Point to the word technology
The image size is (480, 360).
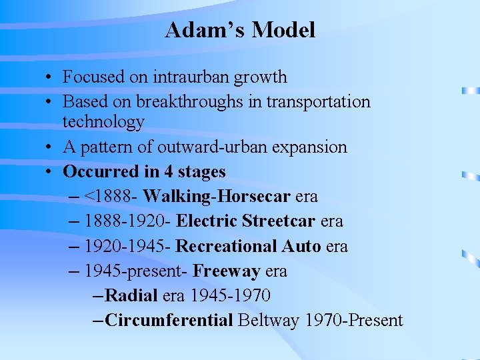click(x=103, y=121)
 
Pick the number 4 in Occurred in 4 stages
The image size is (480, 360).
click(x=169, y=172)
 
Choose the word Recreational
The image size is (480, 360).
click(x=226, y=247)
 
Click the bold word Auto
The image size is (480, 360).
click(x=301, y=247)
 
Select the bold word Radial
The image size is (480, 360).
click(x=131, y=295)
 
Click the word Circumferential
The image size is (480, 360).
click(x=169, y=321)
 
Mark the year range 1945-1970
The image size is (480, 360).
click(x=231, y=295)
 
